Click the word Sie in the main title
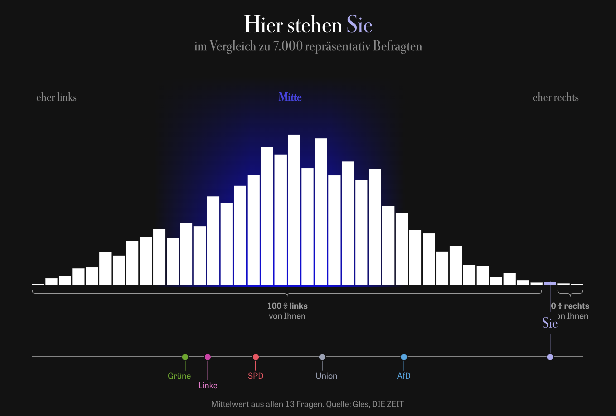point(359,24)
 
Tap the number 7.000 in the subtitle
point(288,46)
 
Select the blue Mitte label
point(290,97)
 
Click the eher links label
point(56,97)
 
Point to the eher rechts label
point(556,97)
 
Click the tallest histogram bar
point(294,210)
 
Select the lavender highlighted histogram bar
point(550,283)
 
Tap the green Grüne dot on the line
point(185,357)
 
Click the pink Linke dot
point(208,357)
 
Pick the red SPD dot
point(256,357)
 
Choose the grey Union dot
point(322,357)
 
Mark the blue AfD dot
point(404,357)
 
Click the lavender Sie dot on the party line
point(550,357)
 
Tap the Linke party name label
point(208,385)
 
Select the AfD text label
point(404,376)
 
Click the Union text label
point(326,376)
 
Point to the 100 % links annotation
point(287,306)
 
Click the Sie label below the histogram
point(550,323)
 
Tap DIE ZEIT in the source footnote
point(388,404)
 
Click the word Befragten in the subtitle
point(397,46)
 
